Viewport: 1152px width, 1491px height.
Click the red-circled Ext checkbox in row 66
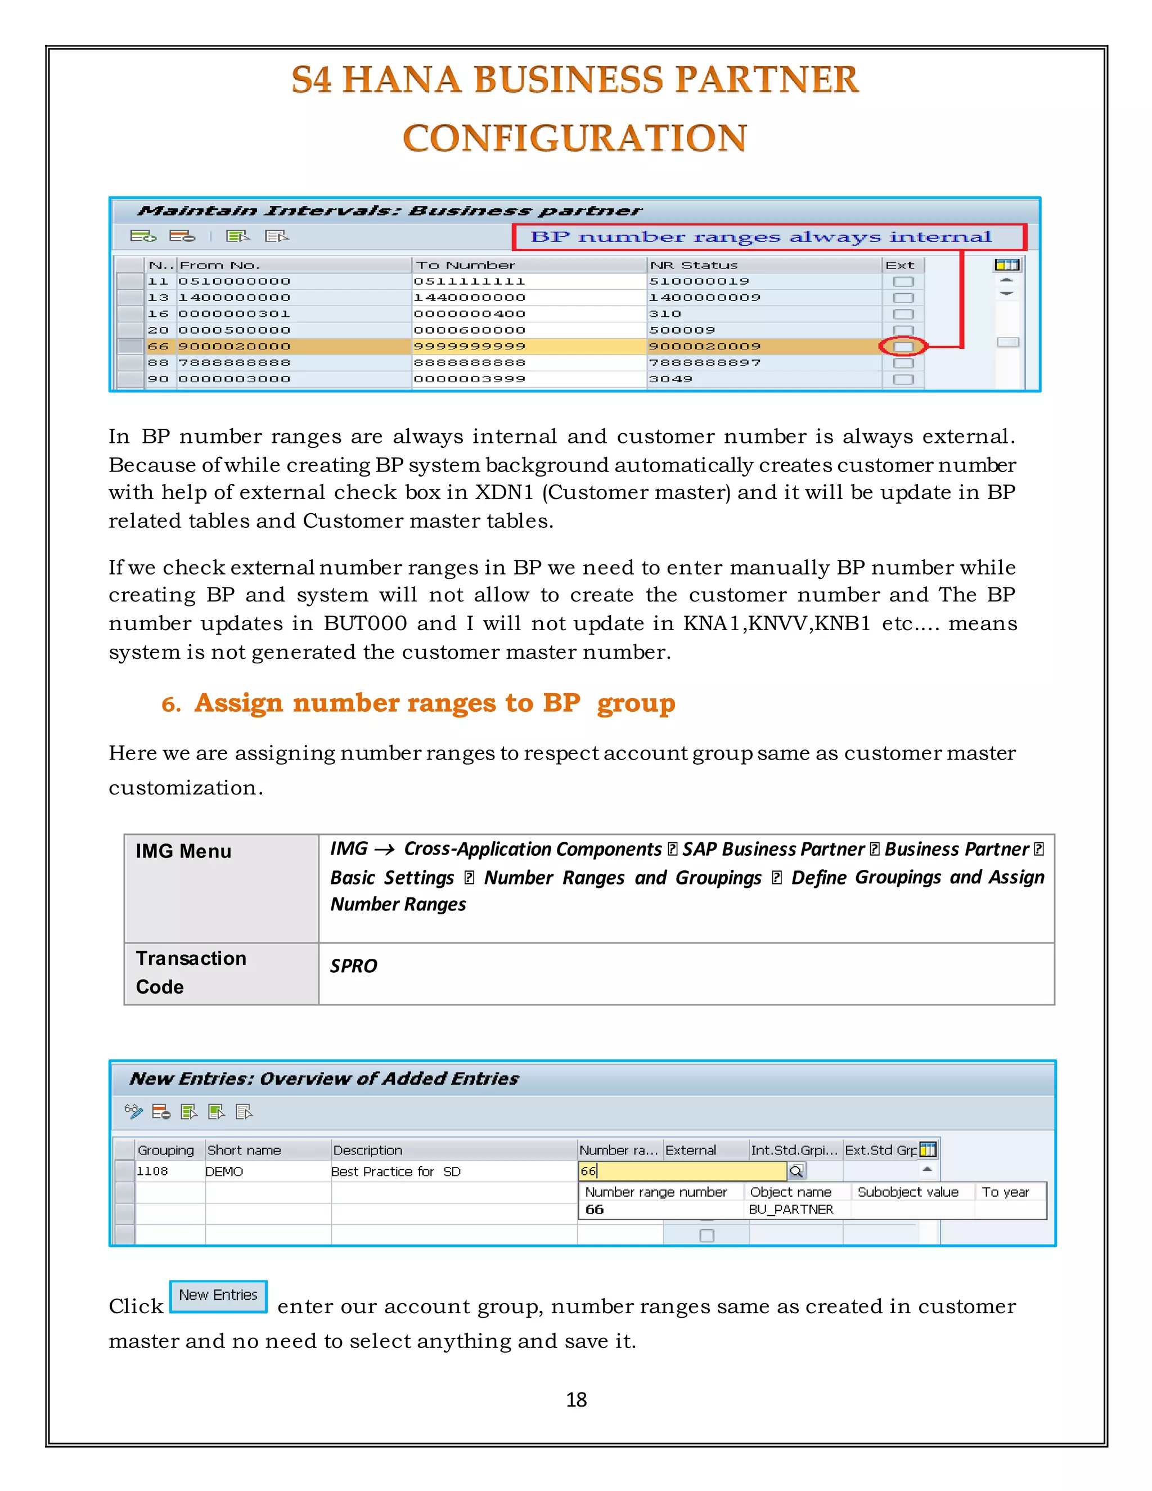pos(902,347)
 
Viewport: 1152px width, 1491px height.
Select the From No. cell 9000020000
pos(234,347)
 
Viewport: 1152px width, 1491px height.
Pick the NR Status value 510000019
pos(699,281)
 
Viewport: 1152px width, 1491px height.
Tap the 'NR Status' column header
pos(694,265)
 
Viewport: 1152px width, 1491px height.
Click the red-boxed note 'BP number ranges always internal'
pos(761,237)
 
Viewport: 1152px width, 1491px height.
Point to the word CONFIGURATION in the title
pos(575,138)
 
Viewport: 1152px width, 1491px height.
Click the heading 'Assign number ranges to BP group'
pos(434,703)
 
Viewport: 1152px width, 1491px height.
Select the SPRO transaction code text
pos(353,965)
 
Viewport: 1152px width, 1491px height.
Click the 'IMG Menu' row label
pos(183,851)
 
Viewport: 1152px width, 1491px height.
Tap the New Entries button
pos(218,1295)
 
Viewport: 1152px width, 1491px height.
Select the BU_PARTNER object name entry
pos(790,1209)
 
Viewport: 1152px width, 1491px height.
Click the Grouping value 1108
pos(152,1171)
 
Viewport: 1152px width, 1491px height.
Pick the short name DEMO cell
pos(224,1171)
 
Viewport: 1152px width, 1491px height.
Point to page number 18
pos(576,1399)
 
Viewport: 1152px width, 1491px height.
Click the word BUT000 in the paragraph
pos(365,623)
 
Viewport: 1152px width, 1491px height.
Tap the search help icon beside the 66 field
pos(796,1171)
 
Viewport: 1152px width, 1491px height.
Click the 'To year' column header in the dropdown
pos(1005,1192)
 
